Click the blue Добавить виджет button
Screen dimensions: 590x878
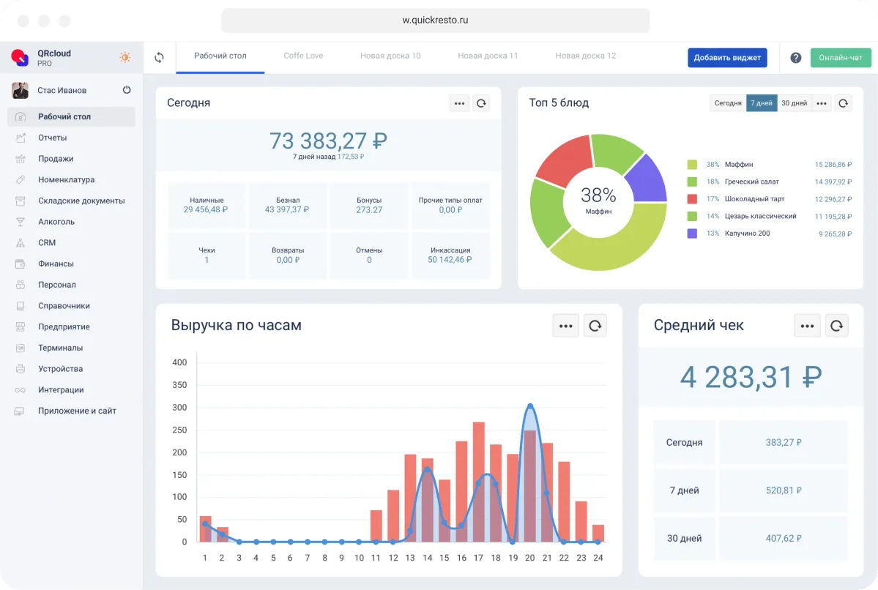point(727,58)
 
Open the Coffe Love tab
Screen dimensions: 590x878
point(303,56)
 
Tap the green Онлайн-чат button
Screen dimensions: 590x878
point(841,58)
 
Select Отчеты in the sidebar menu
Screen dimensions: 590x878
point(52,138)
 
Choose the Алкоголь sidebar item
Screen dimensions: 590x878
point(56,222)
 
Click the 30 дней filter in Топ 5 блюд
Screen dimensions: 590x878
point(794,103)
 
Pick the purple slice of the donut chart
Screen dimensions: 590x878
point(646,178)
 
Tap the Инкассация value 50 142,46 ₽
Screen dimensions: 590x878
point(450,260)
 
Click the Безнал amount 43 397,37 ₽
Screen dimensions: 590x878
point(288,210)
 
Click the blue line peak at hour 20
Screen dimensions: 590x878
point(530,406)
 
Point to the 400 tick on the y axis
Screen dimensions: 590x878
point(179,362)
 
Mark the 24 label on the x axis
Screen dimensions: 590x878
point(598,558)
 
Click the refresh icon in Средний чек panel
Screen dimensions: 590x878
point(836,326)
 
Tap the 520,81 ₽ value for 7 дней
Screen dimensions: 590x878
point(784,490)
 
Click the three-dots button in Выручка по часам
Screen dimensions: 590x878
point(565,326)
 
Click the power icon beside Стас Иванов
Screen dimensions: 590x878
point(127,90)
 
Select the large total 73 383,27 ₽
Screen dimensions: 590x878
point(328,140)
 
